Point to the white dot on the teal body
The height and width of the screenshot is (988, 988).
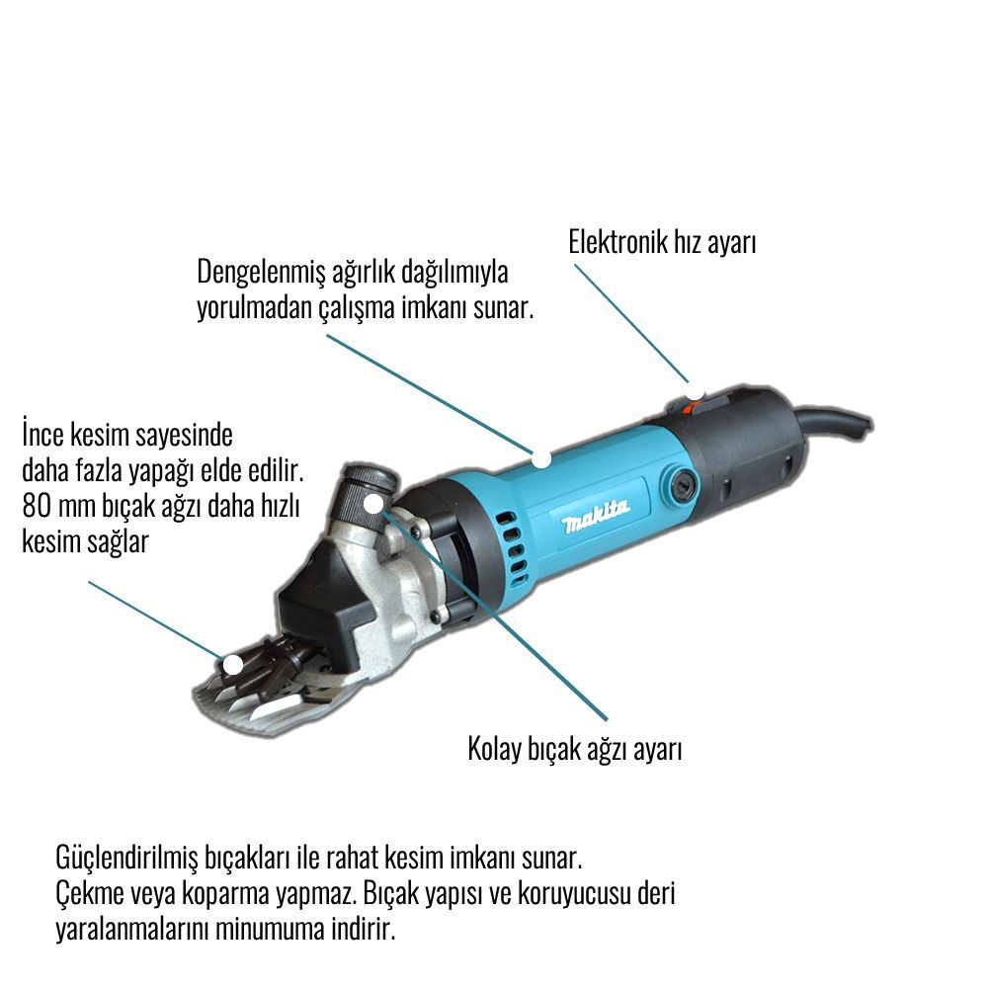pyautogui.click(x=540, y=458)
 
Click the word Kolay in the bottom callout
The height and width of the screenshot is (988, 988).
pyautogui.click(x=493, y=749)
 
